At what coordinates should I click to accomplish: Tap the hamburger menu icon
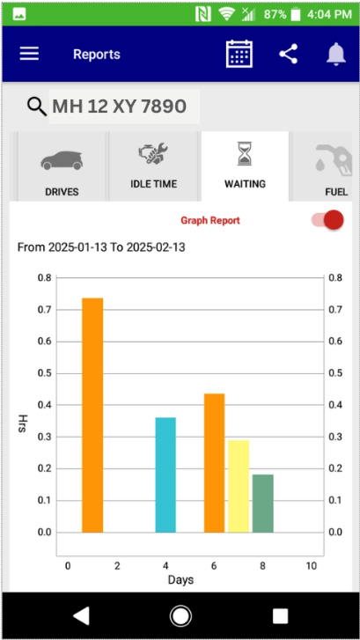(x=30, y=54)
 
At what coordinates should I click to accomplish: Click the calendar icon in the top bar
(x=239, y=54)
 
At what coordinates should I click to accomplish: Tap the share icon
(x=288, y=54)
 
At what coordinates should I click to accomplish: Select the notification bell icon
(x=335, y=54)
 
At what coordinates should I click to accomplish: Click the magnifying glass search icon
(x=36, y=107)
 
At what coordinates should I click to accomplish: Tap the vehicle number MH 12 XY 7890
(x=119, y=107)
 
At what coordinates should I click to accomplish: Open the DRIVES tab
(x=62, y=167)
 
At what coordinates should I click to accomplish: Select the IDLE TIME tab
(x=153, y=167)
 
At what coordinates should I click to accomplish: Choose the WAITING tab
(x=245, y=167)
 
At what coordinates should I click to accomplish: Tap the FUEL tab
(x=330, y=167)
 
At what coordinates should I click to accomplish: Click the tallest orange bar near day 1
(x=92, y=415)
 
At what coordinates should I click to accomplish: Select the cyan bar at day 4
(x=165, y=474)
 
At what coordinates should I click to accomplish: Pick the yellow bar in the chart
(x=239, y=486)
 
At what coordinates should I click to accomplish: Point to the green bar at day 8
(x=262, y=504)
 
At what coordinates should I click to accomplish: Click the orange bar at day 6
(x=215, y=462)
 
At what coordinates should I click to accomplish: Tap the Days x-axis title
(x=180, y=579)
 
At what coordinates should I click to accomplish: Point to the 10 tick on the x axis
(x=310, y=565)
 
